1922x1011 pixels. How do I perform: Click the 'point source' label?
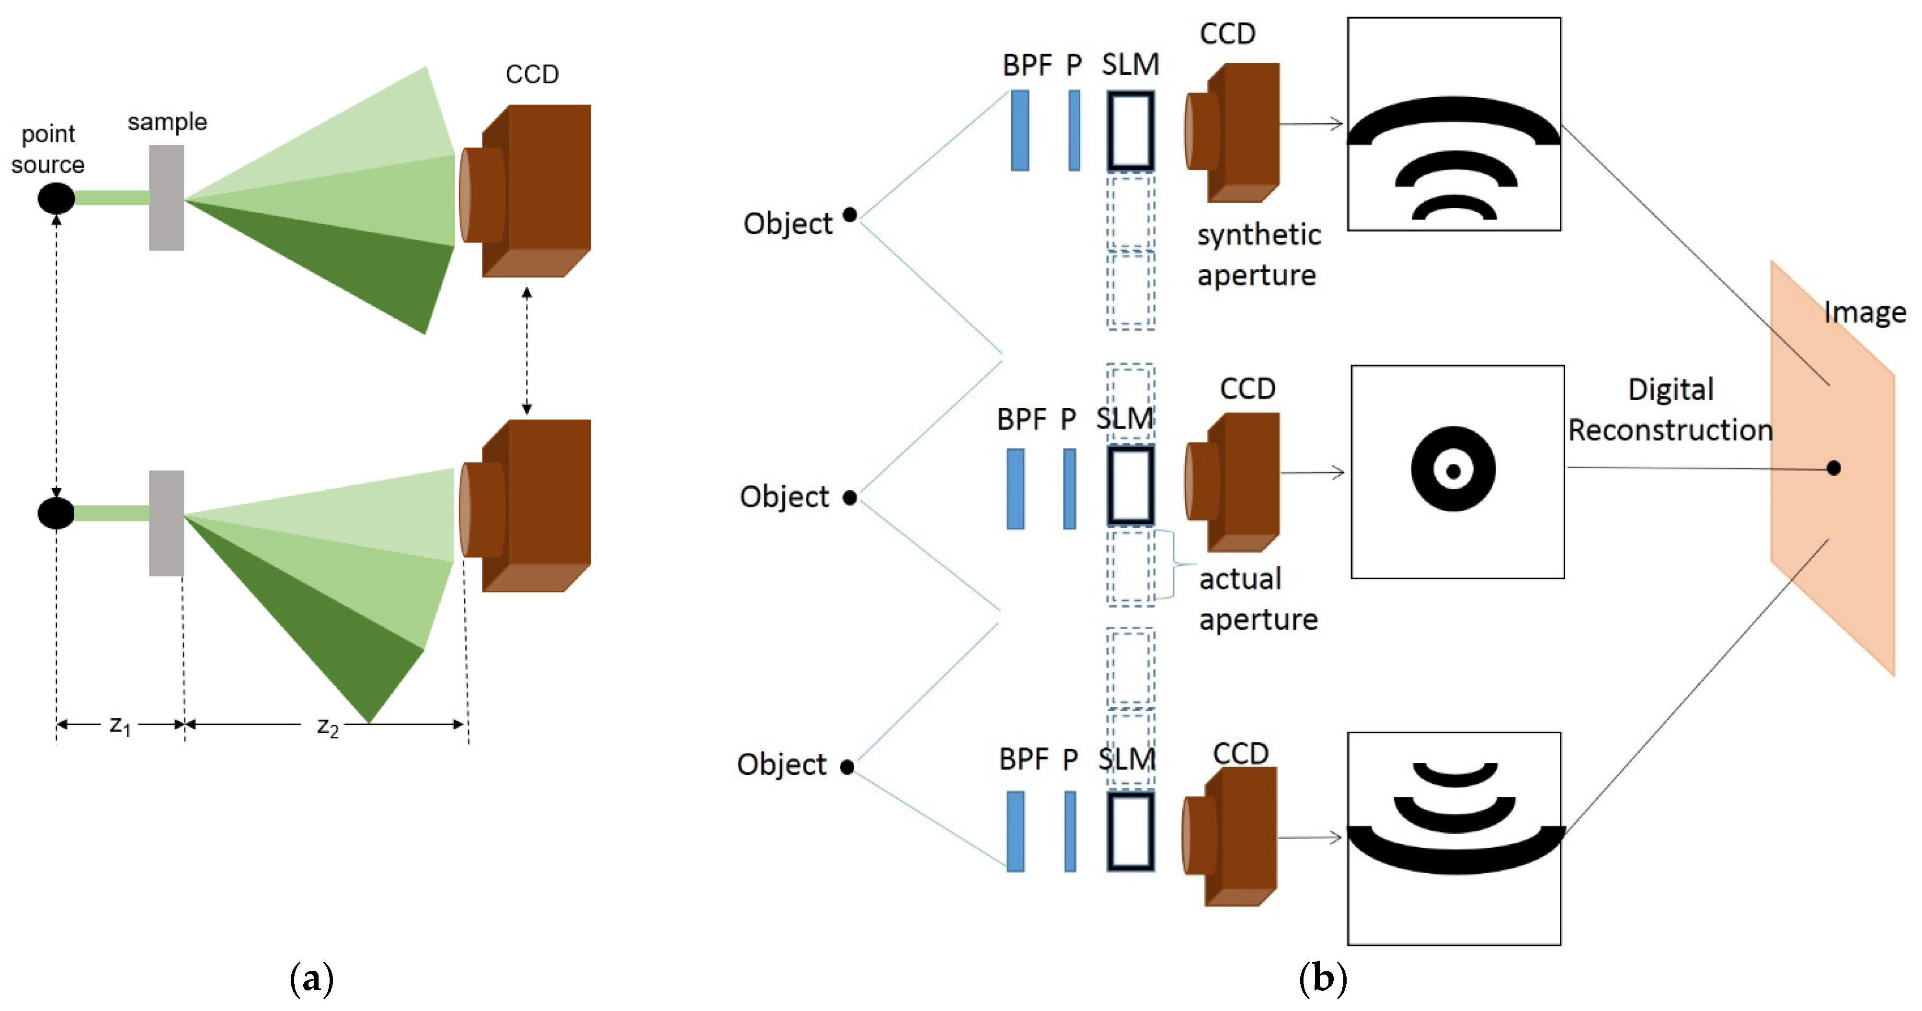pyautogui.click(x=48, y=149)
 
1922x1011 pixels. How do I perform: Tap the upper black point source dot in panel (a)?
pyautogui.click(x=56, y=198)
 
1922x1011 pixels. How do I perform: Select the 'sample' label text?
pyautogui.click(x=167, y=122)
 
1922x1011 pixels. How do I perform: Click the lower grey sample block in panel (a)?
pyautogui.click(x=166, y=523)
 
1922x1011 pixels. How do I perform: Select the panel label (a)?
pyautogui.click(x=311, y=978)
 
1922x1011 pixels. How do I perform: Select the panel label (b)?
pyautogui.click(x=1322, y=978)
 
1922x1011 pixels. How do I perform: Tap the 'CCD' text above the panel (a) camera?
pyautogui.click(x=531, y=74)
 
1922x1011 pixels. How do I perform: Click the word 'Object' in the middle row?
pyautogui.click(x=784, y=497)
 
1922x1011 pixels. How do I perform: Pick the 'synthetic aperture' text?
pyautogui.click(x=1258, y=254)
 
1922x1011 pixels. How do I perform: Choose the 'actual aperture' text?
pyautogui.click(x=1258, y=599)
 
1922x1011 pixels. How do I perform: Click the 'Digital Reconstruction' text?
pyautogui.click(x=1670, y=410)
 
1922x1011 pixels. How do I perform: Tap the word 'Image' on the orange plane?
pyautogui.click(x=1865, y=312)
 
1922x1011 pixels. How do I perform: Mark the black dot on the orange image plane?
pyautogui.click(x=1833, y=469)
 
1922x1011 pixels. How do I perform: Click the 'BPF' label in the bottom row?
pyautogui.click(x=1023, y=759)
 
